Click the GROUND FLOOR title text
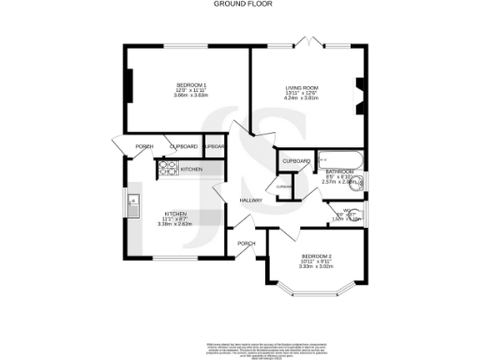(x=240, y=4)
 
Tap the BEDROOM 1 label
(x=183, y=86)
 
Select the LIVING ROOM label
(x=302, y=87)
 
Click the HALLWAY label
(x=249, y=201)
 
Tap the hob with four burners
(x=168, y=169)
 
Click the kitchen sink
(x=133, y=200)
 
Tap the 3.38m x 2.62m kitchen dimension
(x=175, y=224)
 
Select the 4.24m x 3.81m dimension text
(x=302, y=98)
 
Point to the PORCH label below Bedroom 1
(x=144, y=146)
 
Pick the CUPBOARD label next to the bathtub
(x=296, y=161)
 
